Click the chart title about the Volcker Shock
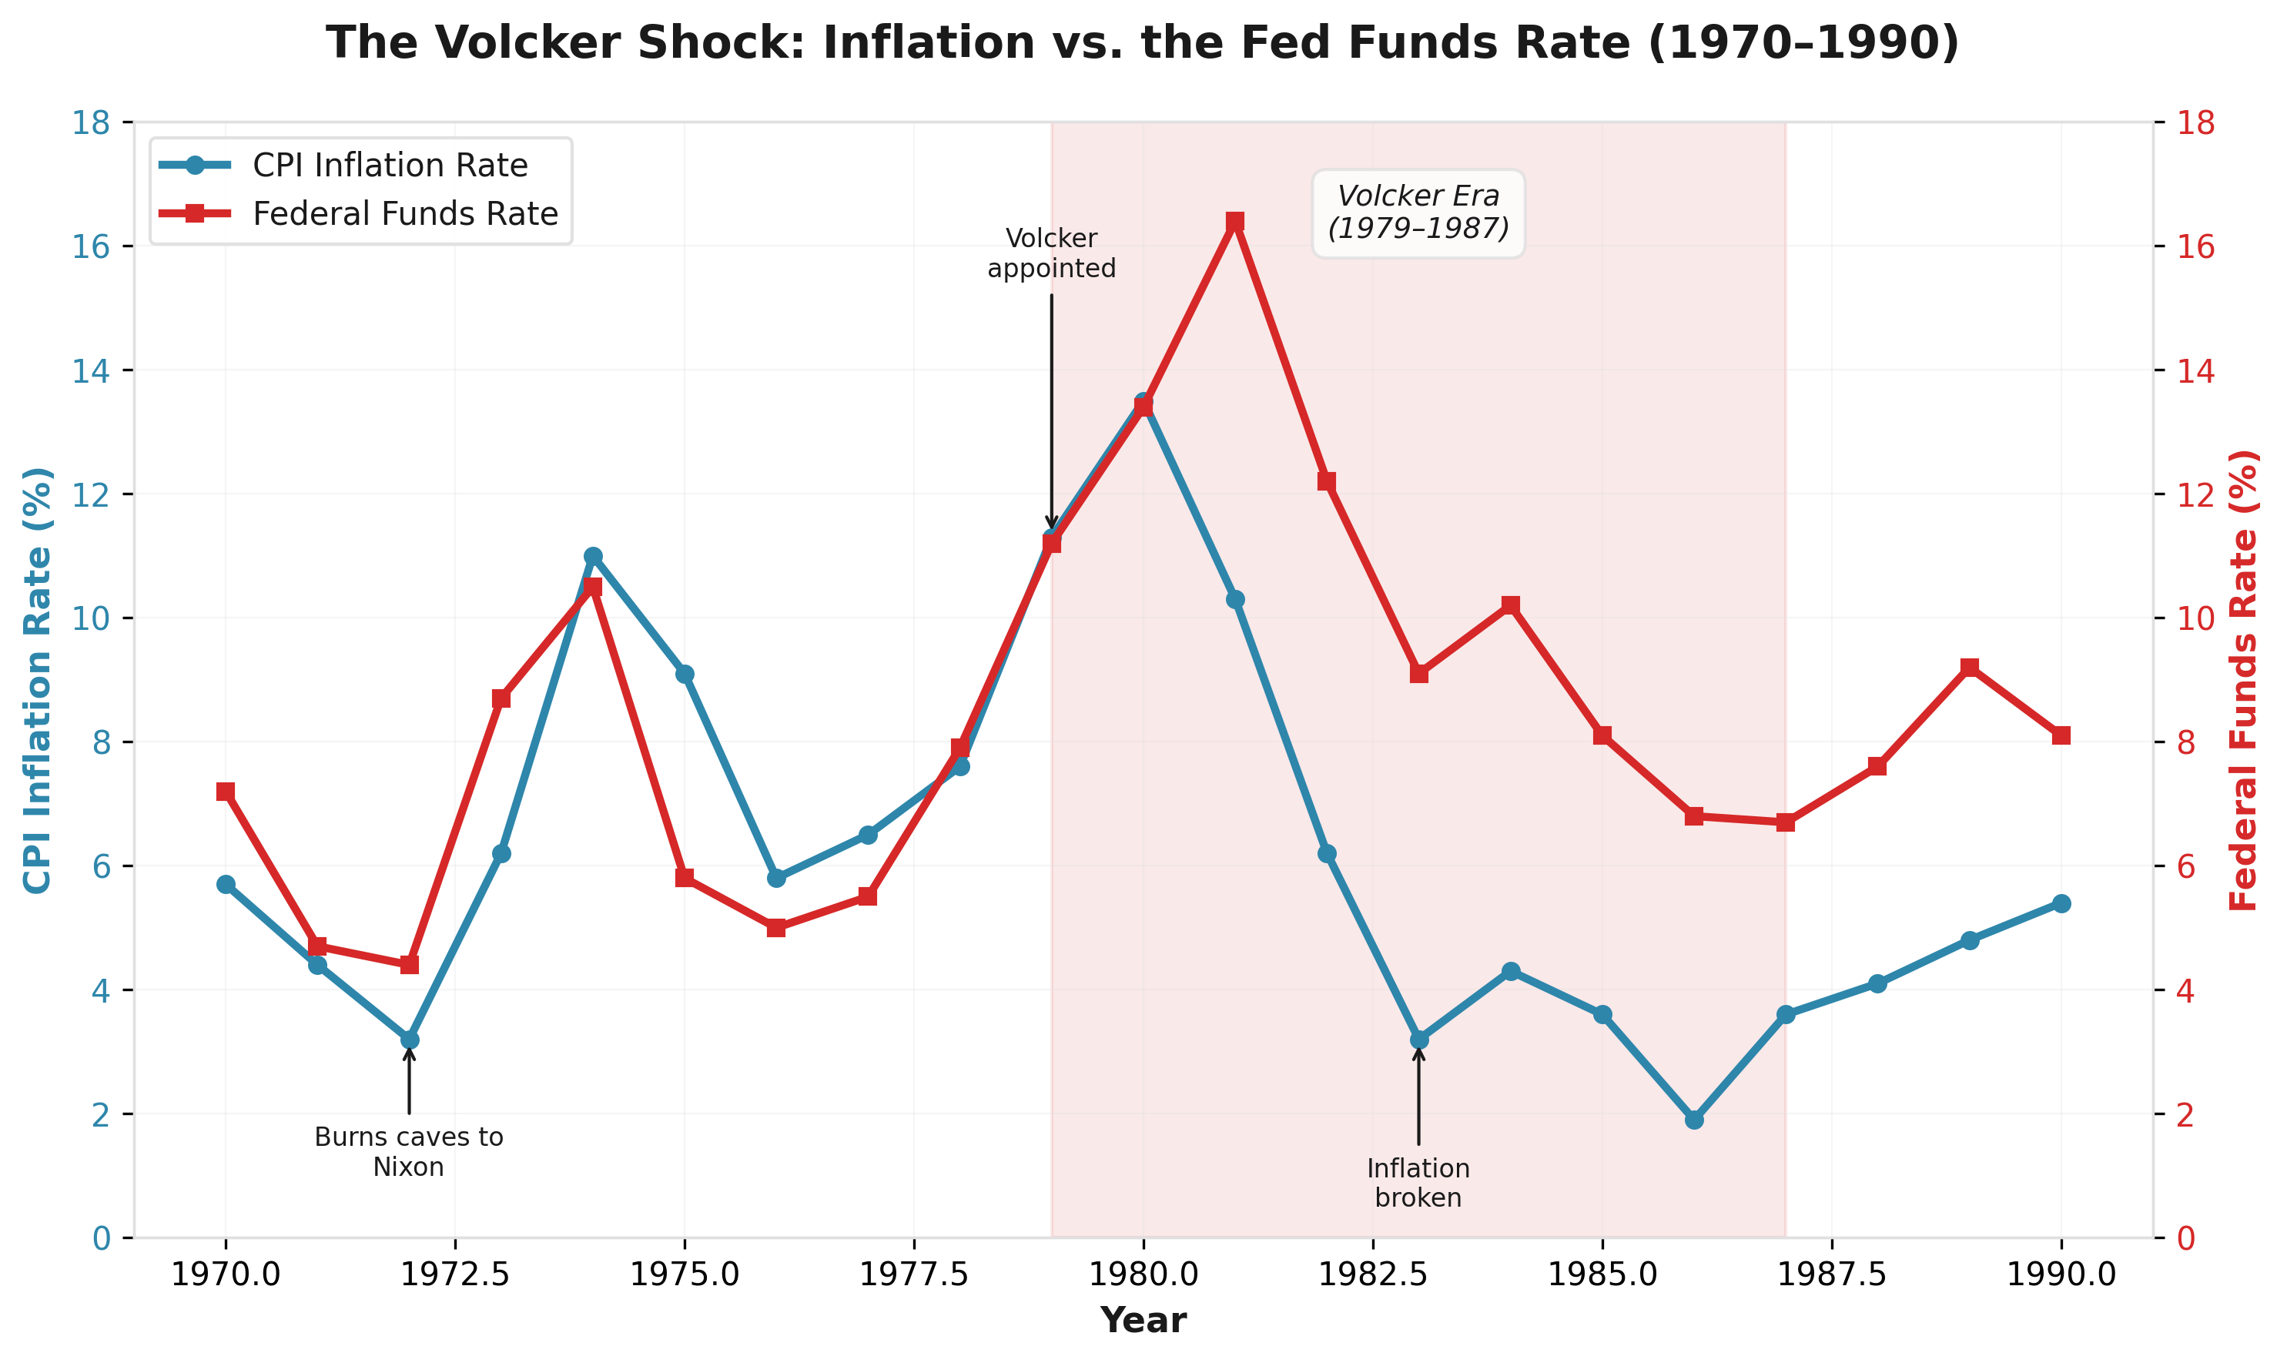coord(1143,43)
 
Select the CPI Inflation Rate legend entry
coord(390,166)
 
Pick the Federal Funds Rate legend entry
coord(405,214)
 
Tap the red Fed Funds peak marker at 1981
coord(1235,223)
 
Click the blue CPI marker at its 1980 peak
coord(1143,401)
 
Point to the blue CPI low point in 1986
coord(1695,1120)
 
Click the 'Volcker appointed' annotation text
coord(1052,253)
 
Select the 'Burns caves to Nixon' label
coord(409,1152)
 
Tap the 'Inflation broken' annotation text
coord(1418,1183)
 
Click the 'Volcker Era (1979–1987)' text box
coord(1418,213)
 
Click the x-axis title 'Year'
coord(1143,1321)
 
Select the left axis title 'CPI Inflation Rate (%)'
coord(39,681)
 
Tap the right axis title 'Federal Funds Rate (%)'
coord(2243,681)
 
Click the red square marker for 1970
coord(226,792)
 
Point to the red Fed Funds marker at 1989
coord(1969,668)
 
